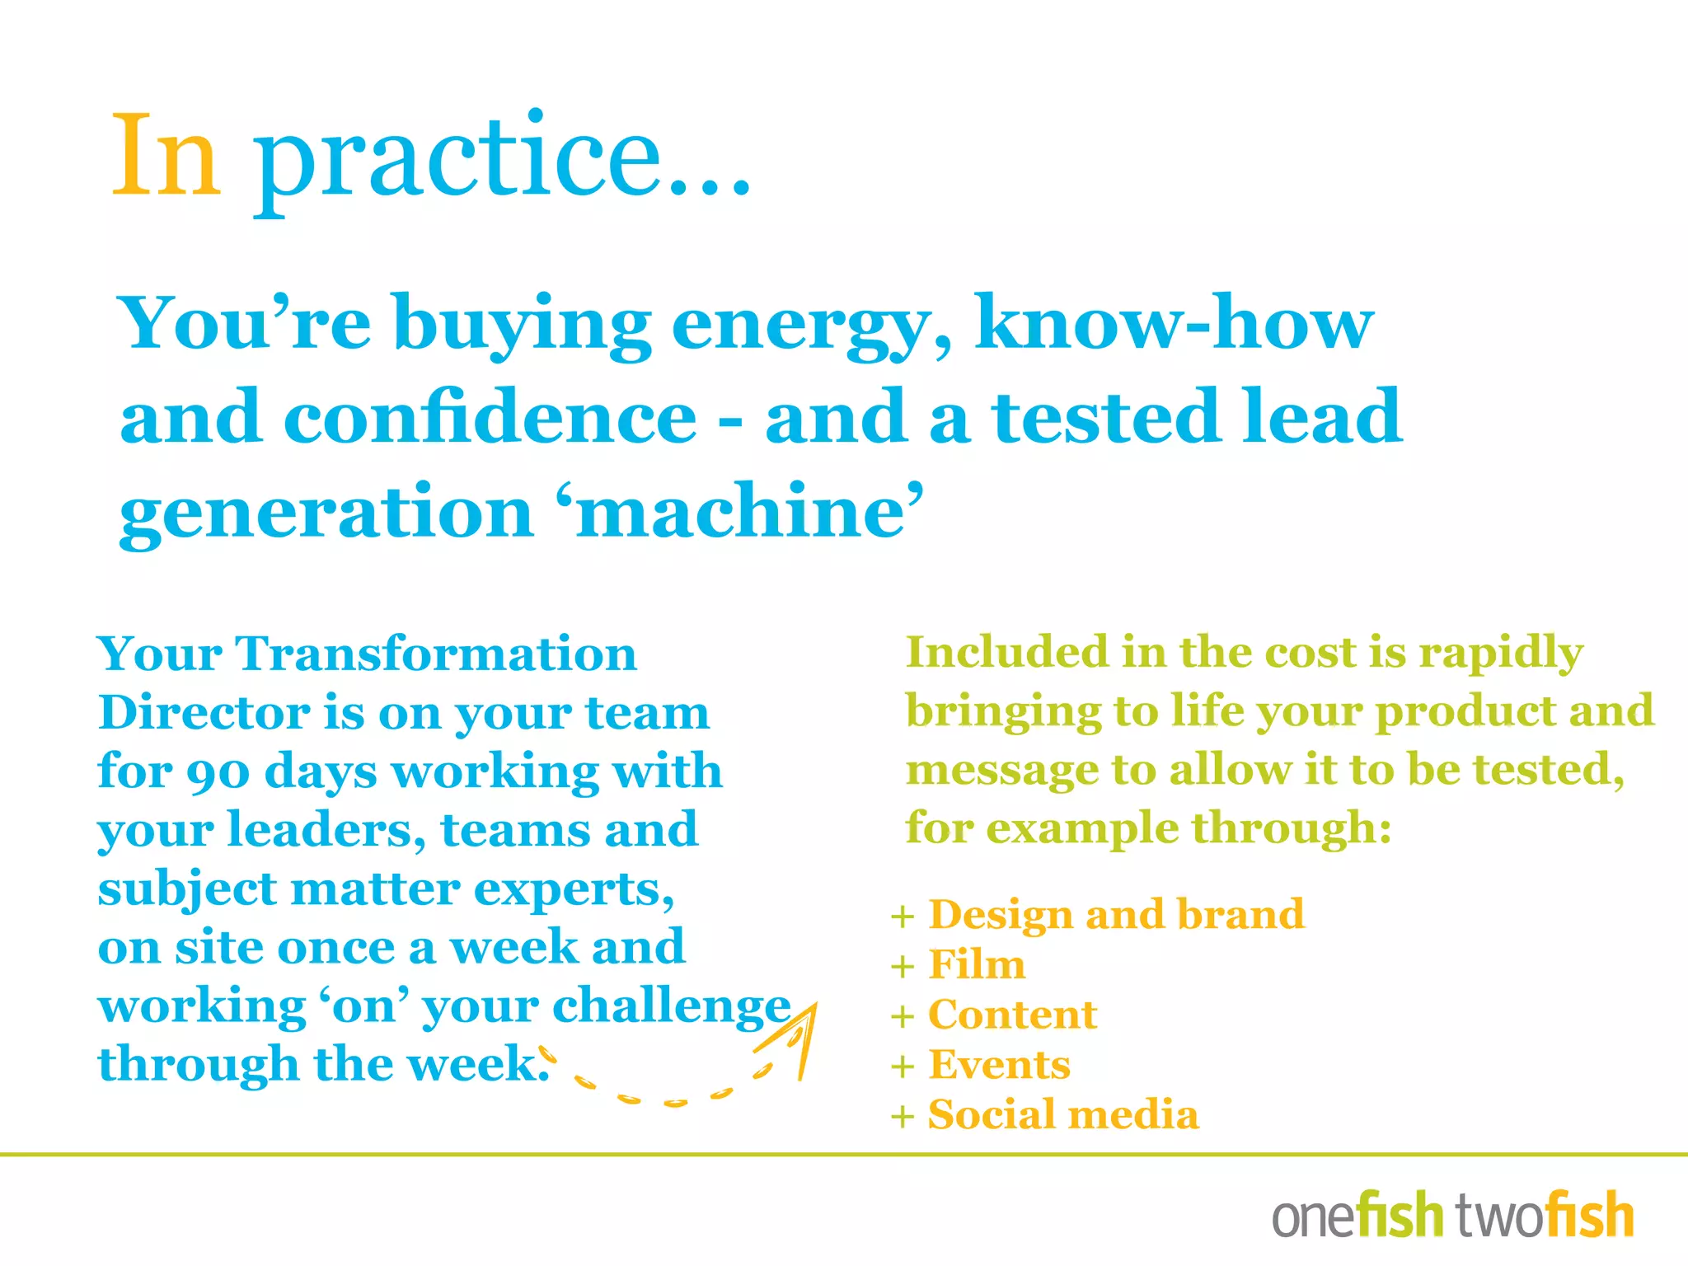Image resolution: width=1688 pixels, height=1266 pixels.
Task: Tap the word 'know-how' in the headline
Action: [1174, 323]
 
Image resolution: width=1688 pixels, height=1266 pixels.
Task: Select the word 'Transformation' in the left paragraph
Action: [436, 654]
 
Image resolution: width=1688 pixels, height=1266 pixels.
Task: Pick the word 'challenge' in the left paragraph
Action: [672, 1007]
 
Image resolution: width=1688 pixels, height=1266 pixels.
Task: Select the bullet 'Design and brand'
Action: [1116, 915]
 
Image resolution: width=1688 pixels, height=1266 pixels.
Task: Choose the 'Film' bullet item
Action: [977, 965]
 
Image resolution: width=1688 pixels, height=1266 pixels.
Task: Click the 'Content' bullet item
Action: [1012, 1015]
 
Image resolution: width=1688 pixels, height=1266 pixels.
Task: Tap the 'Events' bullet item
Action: [999, 1066]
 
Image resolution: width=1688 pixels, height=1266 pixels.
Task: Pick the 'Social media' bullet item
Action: [1063, 1116]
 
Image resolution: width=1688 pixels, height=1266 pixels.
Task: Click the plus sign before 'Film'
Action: [903, 967]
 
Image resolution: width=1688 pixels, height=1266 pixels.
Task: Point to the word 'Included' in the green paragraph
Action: [1006, 653]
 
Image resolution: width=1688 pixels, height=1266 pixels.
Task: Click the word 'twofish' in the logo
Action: [1545, 1215]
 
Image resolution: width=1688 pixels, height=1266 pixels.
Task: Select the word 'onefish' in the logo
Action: [1357, 1215]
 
